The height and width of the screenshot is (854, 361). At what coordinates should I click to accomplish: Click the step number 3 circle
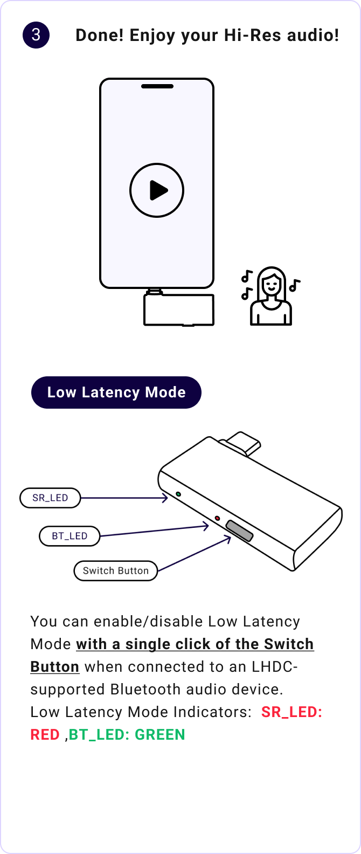(36, 36)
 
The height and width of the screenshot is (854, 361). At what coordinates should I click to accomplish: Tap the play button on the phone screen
(157, 190)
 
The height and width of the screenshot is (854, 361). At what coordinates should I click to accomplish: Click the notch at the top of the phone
(157, 86)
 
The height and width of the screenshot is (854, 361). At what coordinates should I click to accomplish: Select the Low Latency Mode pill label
(116, 392)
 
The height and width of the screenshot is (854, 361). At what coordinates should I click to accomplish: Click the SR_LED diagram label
(50, 498)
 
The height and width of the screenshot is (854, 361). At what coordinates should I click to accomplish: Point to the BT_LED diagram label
(70, 536)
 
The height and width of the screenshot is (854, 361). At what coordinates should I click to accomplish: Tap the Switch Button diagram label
(115, 570)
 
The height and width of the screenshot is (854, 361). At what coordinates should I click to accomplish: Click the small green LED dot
(178, 493)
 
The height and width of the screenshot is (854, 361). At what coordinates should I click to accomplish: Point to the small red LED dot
(217, 518)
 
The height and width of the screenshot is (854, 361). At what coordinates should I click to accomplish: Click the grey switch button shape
(239, 531)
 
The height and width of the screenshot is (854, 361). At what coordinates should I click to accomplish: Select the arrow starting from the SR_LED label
(124, 498)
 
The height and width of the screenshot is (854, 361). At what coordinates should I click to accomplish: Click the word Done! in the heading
(100, 36)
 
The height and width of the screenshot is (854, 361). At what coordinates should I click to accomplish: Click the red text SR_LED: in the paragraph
(291, 712)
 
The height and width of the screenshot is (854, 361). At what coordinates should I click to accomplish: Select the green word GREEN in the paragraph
(159, 734)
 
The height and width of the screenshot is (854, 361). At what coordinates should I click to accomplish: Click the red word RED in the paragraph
(45, 734)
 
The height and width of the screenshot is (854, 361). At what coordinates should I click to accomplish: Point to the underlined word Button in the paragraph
(55, 666)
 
